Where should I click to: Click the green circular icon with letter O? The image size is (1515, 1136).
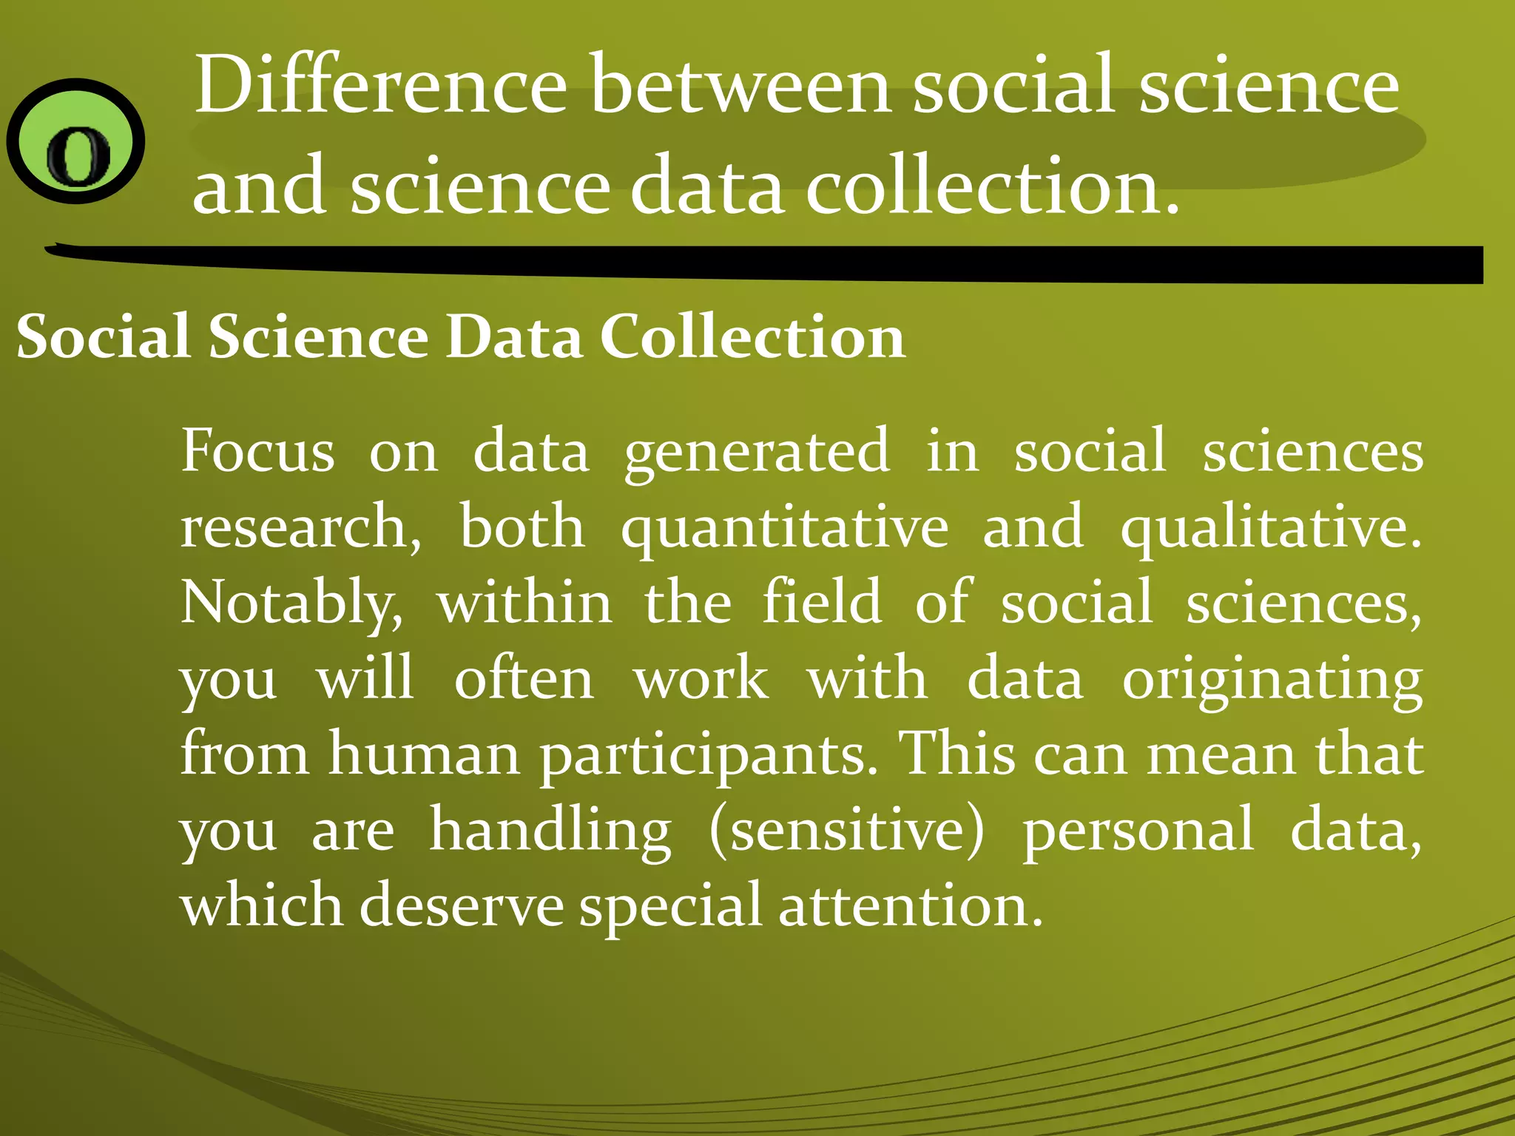coord(75,141)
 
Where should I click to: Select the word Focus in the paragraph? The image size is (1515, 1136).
coord(258,451)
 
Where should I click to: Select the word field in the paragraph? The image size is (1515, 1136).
coord(822,602)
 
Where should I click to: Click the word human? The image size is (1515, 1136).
coord(425,754)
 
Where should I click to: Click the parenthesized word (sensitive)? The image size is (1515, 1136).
coord(847,831)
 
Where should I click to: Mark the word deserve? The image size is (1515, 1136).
coord(462,905)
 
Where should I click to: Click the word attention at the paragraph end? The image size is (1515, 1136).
coord(910,905)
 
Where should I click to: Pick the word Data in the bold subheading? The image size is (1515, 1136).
coord(514,337)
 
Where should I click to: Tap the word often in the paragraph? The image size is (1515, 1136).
coord(524,679)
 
